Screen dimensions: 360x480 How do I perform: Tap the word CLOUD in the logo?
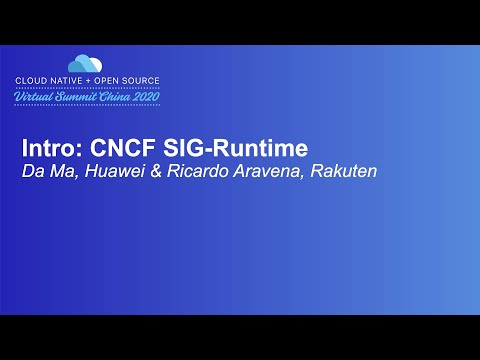29,79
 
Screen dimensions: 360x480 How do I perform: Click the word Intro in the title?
45,148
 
